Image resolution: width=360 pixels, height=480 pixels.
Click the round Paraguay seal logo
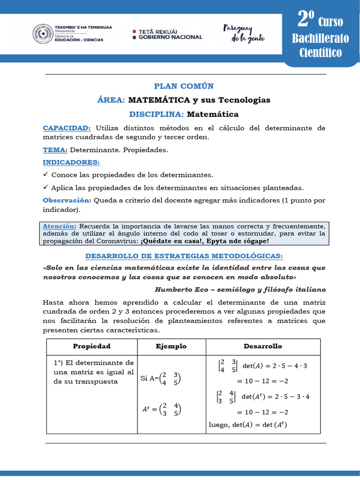point(42,33)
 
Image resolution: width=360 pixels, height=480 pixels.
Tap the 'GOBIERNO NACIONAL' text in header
point(171,37)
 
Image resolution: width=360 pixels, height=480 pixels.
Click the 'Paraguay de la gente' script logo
point(244,33)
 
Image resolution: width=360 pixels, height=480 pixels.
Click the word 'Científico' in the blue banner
point(321,52)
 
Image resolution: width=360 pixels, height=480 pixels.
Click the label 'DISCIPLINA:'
point(157,114)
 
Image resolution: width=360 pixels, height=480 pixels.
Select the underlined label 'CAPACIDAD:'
point(67,128)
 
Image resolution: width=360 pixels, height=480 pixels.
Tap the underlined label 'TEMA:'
point(55,150)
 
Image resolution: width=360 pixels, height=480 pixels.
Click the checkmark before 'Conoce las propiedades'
point(45,174)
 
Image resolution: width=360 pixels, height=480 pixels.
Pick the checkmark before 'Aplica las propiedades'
point(45,187)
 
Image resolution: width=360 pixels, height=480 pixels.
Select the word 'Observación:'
point(67,200)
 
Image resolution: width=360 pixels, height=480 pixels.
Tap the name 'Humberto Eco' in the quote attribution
point(180,289)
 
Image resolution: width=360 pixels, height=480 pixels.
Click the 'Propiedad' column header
point(91,346)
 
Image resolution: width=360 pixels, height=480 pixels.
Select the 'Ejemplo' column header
point(171,346)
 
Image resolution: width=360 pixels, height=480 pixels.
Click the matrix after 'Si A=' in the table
point(170,378)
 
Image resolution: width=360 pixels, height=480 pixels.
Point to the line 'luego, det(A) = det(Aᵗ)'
point(247,425)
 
